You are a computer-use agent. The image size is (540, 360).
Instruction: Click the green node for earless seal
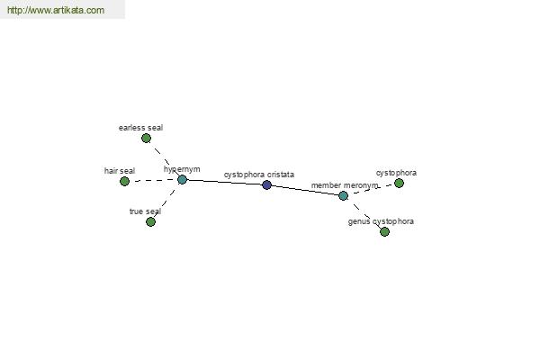[x=146, y=138]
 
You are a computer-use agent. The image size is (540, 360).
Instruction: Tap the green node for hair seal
[x=125, y=181]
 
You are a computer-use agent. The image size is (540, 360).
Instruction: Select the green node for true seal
[x=150, y=222]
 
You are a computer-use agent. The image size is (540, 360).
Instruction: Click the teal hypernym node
[x=182, y=179]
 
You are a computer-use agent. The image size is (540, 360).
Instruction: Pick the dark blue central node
[x=266, y=185]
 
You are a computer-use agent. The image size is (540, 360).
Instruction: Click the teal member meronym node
[x=344, y=195]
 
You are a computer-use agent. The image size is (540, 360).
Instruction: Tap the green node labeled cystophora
[x=399, y=184]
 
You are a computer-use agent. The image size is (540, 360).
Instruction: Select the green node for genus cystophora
[x=384, y=232]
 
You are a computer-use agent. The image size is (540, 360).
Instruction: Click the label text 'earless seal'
[x=140, y=128]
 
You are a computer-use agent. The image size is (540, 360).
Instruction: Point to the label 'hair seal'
[x=120, y=171]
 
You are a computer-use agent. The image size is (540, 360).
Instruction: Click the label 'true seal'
[x=145, y=211]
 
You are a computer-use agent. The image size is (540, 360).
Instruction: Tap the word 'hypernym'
[x=182, y=169]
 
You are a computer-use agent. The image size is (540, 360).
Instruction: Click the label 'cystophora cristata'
[x=259, y=175]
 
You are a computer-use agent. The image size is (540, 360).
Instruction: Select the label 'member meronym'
[x=345, y=185]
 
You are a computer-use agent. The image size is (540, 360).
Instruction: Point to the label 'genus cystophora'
[x=381, y=221]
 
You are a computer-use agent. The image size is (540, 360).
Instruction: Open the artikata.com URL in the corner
[x=56, y=10]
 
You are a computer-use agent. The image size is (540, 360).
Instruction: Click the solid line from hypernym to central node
[x=224, y=182]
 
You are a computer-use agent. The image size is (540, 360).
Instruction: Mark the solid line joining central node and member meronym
[x=305, y=191]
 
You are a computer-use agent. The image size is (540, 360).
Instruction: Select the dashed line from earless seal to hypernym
[x=164, y=158]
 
